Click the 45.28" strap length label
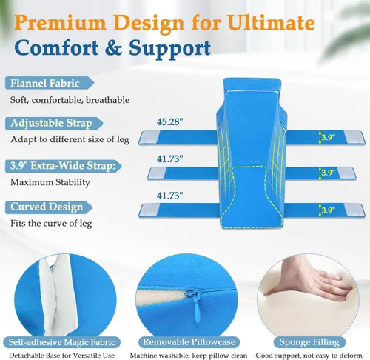(170, 121)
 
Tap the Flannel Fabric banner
(50, 83)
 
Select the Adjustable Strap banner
(54, 123)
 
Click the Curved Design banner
(49, 207)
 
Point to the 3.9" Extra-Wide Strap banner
(64, 166)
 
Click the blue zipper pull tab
(197, 310)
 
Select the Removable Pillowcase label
(189, 342)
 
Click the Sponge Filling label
(309, 342)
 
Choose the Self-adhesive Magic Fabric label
(62, 342)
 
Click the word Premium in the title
(61, 24)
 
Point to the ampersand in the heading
(113, 47)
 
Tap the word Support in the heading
(170, 49)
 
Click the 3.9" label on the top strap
(328, 137)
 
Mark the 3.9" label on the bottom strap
(328, 210)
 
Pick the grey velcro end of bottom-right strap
(355, 210)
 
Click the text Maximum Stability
(50, 182)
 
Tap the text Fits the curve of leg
(51, 224)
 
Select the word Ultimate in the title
(271, 23)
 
